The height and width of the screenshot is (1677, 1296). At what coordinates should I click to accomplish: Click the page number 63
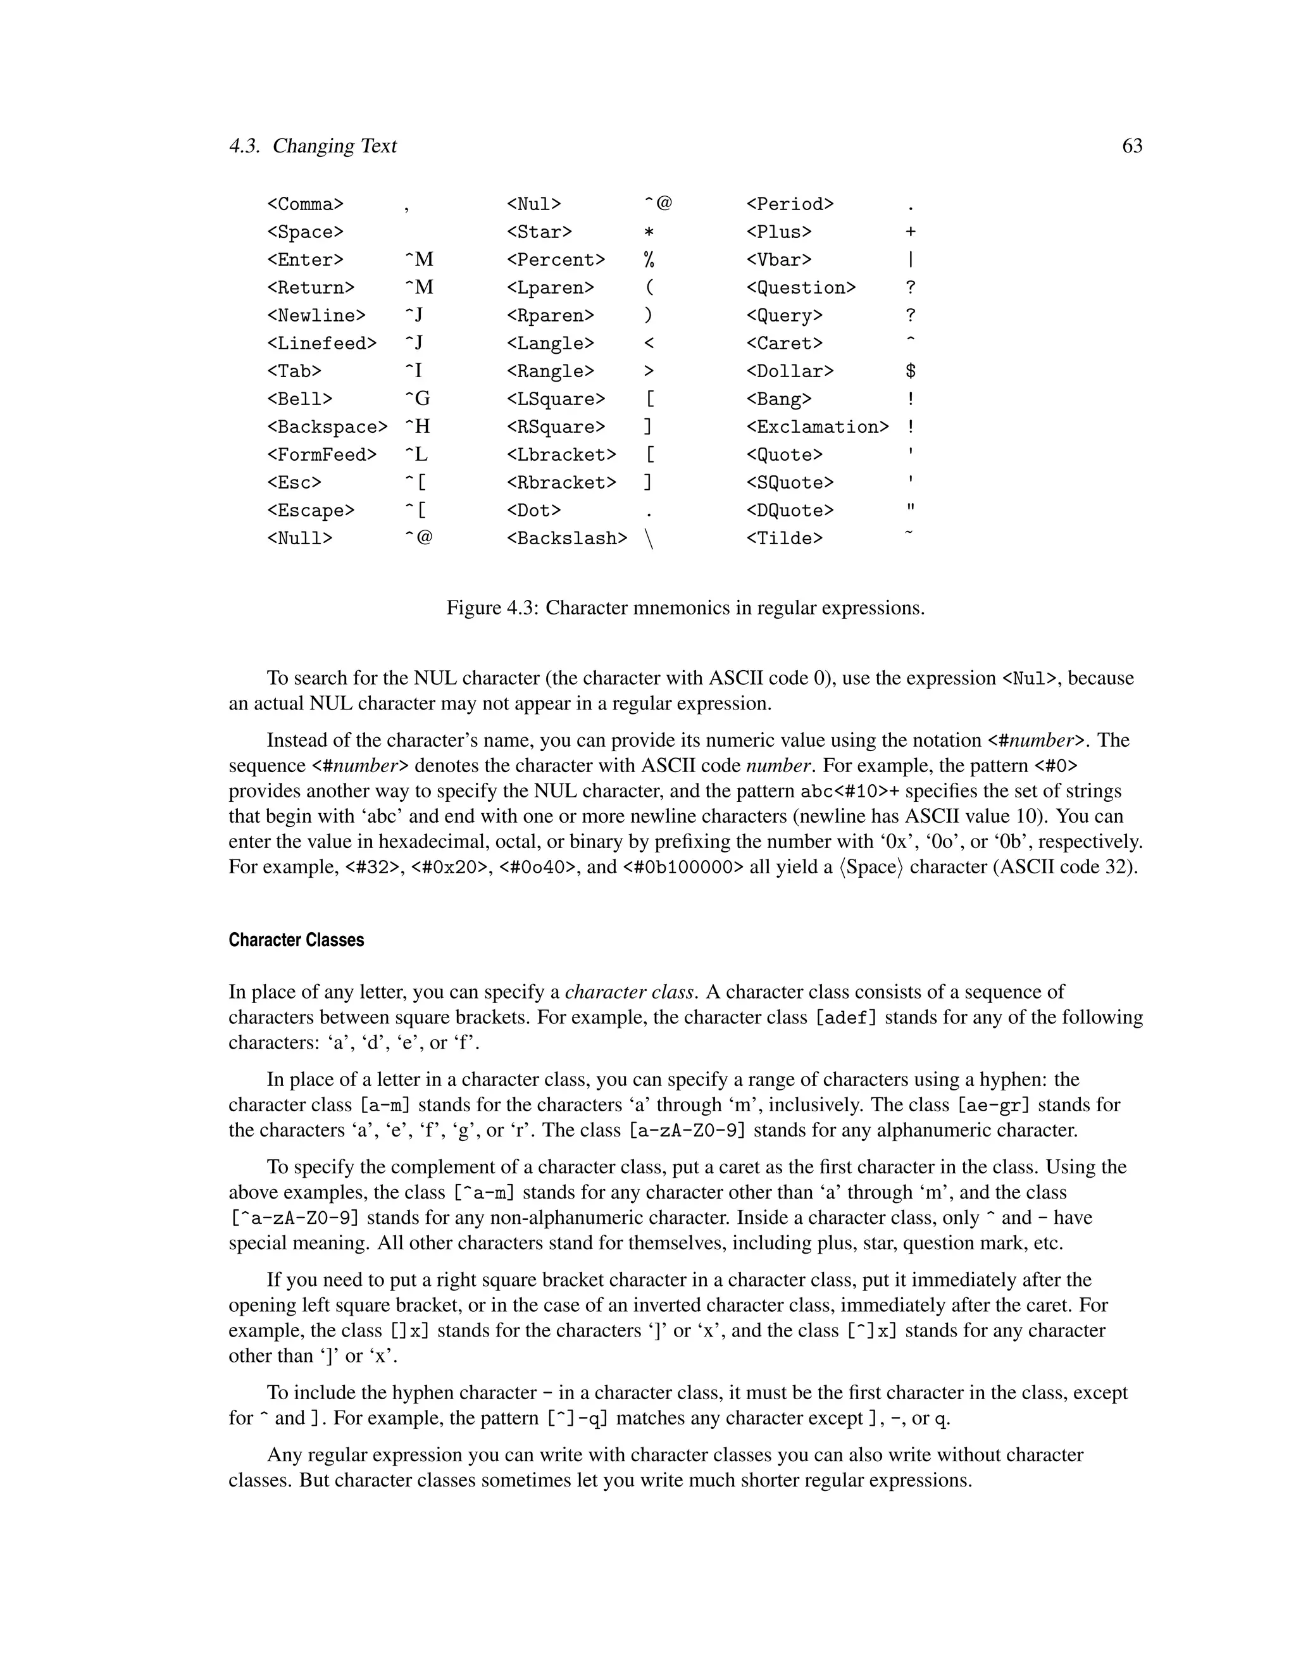click(1131, 146)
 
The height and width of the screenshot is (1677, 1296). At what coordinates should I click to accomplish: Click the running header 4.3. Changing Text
click(313, 146)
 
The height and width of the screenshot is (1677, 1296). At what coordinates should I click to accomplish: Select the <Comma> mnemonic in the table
click(306, 204)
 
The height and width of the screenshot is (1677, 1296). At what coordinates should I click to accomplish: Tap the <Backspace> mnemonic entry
click(327, 427)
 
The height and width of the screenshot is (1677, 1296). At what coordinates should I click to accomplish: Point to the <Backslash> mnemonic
click(566, 539)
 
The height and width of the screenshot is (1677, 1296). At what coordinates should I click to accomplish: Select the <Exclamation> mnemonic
click(818, 427)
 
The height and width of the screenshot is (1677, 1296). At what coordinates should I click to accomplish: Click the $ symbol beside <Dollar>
click(911, 371)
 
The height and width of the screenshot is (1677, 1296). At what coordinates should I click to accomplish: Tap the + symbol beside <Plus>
click(911, 232)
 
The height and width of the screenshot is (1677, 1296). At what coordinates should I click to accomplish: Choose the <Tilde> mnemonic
click(784, 539)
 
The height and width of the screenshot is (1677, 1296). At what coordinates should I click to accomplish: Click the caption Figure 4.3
click(685, 608)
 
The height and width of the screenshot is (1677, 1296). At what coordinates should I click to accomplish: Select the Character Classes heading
click(296, 940)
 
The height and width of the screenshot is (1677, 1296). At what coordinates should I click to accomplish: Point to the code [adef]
click(845, 1018)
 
